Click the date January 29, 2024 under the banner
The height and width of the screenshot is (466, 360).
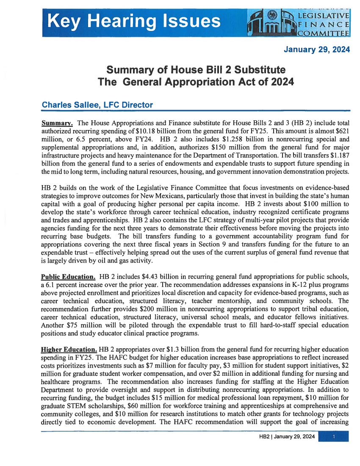click(317, 50)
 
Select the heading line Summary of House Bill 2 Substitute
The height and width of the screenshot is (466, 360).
click(195, 69)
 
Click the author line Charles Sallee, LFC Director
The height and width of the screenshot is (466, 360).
click(97, 105)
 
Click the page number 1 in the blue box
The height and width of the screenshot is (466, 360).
click(334, 436)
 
